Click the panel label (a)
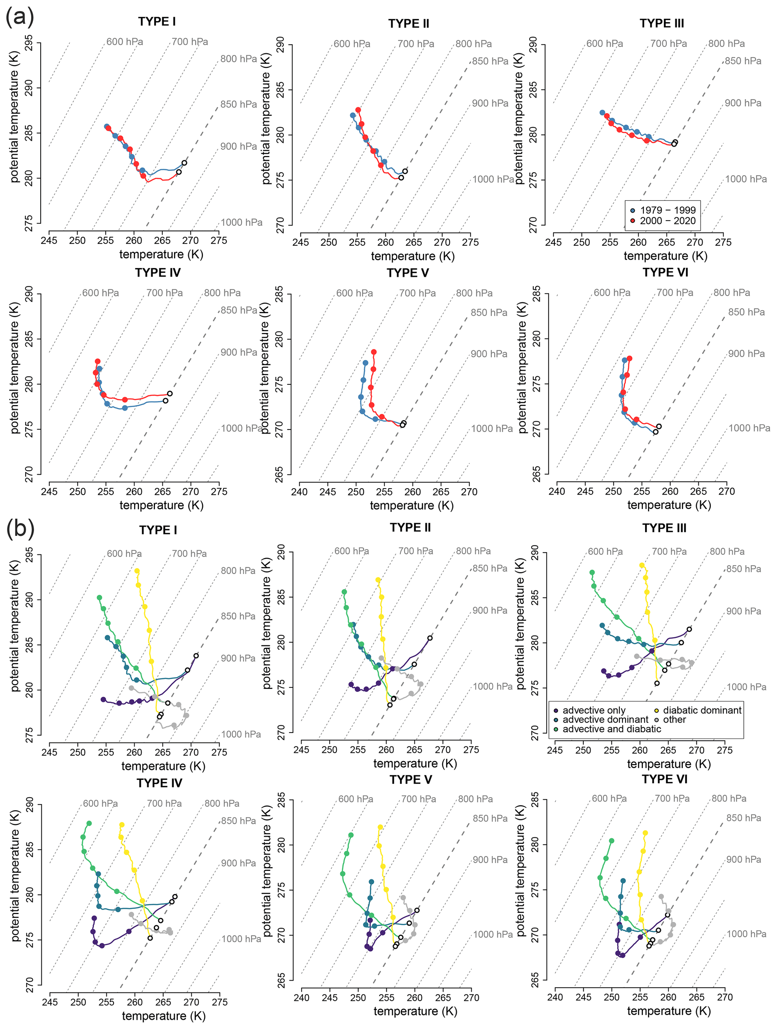pyautogui.click(x=20, y=17)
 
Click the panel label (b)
pyautogui.click(x=20, y=528)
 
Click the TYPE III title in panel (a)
pyautogui.click(x=662, y=23)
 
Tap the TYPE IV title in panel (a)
pyautogui.click(x=158, y=272)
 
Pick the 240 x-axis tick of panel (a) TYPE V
pyautogui.click(x=300, y=492)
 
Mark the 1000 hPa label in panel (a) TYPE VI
pyautogui.click(x=749, y=428)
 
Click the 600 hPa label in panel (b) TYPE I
pyautogui.click(x=124, y=554)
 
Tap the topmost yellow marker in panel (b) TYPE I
pyautogui.click(x=137, y=571)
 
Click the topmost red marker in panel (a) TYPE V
pyautogui.click(x=374, y=352)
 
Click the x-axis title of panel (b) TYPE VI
pyautogui.click(x=669, y=1011)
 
